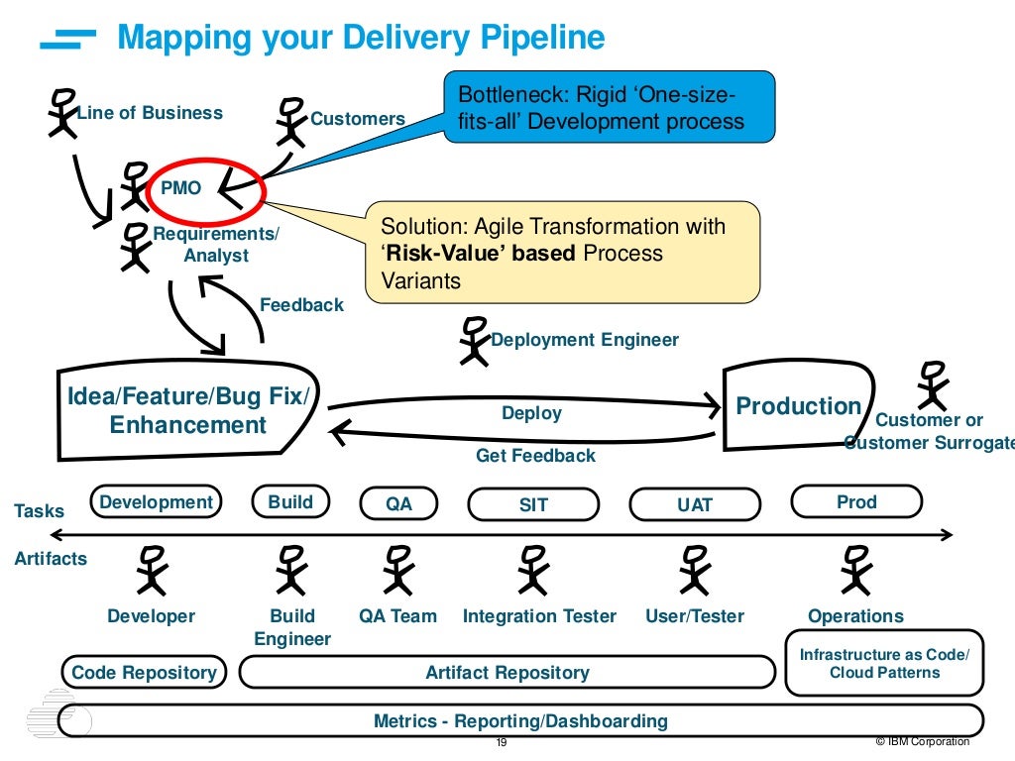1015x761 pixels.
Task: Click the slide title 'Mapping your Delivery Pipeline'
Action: coord(361,38)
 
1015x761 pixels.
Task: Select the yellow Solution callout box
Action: coord(562,253)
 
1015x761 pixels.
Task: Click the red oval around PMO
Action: coord(207,186)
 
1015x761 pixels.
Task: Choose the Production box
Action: coord(797,406)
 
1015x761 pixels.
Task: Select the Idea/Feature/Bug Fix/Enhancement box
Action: coord(188,411)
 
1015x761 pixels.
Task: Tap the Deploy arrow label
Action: coord(531,413)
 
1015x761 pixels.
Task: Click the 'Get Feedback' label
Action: coord(535,456)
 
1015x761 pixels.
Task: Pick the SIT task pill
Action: coord(533,504)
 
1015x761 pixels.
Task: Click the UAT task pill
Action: coord(694,504)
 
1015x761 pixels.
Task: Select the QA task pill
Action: coord(398,504)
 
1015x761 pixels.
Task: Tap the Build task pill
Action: coord(290,502)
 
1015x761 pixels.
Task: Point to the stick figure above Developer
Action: coord(151,571)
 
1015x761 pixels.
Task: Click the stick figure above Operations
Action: coord(854,571)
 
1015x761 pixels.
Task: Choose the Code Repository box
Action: coord(144,673)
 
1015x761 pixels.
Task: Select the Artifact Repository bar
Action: coord(507,673)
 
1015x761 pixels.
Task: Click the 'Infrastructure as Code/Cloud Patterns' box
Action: coord(884,663)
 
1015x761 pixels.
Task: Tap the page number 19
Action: coord(501,743)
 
